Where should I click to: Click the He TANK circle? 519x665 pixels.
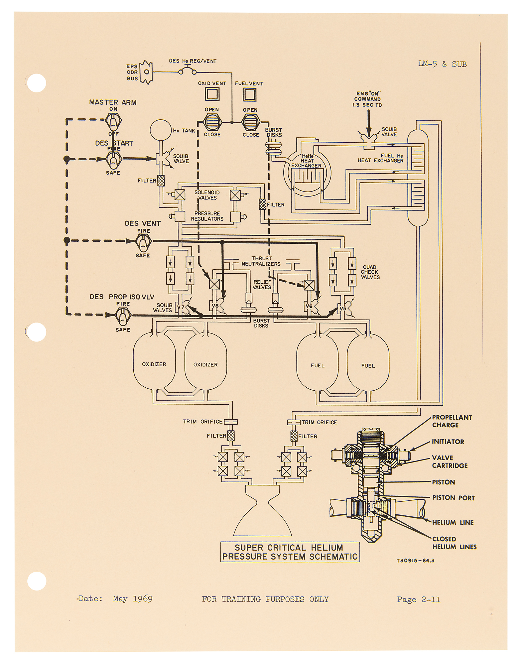[161, 130]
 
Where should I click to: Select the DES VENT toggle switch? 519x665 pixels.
[143, 243]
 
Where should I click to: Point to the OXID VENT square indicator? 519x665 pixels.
[212, 94]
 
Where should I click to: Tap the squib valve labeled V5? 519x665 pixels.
[345, 309]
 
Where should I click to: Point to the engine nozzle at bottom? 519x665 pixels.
[262, 510]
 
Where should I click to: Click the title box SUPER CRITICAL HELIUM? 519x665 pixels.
[290, 552]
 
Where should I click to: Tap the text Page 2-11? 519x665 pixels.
[419, 599]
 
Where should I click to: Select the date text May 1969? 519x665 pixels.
[133, 599]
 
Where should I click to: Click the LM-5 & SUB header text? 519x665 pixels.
[443, 64]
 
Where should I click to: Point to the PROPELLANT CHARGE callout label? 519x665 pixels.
[452, 421]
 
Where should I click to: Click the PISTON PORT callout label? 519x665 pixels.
[454, 498]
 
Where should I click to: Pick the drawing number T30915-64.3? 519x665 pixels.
[416, 561]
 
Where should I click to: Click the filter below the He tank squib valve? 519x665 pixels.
[161, 181]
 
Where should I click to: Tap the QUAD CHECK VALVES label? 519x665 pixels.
[370, 272]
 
